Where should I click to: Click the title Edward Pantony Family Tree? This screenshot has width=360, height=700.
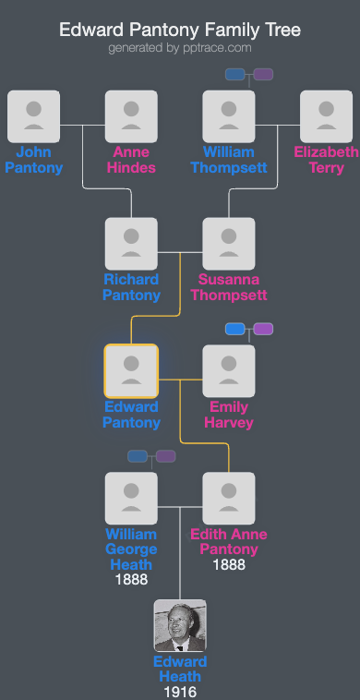180,30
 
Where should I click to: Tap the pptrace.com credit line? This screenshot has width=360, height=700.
180,48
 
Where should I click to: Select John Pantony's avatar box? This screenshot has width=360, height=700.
33,116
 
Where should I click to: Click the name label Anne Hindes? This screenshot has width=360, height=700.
131,160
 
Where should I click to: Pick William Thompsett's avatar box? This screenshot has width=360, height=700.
229,116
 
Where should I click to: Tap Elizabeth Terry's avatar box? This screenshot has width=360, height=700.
326,116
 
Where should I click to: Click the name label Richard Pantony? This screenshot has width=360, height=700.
131,287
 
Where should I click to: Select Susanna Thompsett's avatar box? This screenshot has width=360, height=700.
229,244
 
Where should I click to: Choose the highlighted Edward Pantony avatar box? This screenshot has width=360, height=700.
131,371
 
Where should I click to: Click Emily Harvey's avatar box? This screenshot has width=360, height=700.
229,371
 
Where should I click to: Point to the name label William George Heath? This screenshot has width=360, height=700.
131,549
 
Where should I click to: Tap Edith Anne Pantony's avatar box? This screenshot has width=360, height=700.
229,499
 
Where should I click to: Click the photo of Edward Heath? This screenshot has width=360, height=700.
180,626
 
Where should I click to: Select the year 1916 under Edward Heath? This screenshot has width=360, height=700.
180,692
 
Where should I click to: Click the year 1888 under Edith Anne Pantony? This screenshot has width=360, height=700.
229,564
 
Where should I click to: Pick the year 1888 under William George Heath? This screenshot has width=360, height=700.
131,580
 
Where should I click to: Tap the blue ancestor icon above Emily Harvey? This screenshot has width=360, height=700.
235,329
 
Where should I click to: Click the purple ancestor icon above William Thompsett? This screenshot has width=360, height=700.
263,74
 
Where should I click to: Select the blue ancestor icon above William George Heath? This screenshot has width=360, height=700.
138,455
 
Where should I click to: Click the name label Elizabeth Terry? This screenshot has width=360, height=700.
326,160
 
